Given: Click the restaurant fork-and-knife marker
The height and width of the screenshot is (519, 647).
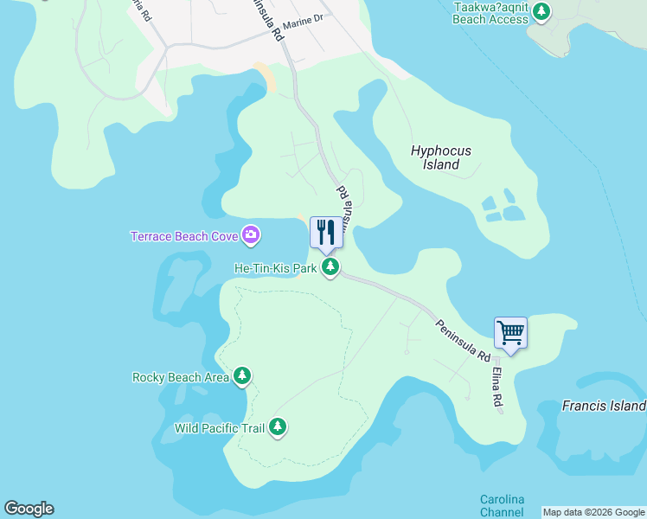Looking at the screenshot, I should coord(326,232).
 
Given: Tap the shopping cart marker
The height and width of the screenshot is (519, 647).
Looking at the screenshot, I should coord(510,332).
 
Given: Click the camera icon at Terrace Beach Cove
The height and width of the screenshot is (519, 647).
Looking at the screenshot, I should coord(251,234).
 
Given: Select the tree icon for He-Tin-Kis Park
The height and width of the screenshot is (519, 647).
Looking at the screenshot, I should coord(330,268).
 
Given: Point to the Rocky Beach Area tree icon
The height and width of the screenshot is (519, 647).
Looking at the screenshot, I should coord(243,376).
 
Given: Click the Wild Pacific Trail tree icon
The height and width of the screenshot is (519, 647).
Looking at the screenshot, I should coord(278,427).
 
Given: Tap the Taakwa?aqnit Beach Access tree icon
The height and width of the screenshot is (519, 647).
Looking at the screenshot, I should coord(541,11).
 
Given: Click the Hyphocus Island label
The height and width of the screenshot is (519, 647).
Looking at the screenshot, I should coord(441,157).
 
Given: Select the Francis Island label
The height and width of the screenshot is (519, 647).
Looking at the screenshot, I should coord(604,405).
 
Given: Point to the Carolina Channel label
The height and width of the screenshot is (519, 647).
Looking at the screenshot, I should coord(503,506).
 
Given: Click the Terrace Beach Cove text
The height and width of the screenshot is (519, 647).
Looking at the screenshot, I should coord(185,236).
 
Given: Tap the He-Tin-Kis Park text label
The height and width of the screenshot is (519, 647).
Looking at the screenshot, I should coord(276,268).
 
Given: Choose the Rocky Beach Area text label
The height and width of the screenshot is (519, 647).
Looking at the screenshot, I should coord(180,377).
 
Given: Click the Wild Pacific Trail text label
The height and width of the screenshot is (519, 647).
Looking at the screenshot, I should coord(220,428).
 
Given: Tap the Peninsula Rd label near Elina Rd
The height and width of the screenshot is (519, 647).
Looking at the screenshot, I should coord(463,340).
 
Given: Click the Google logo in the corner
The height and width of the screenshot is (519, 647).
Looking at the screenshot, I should coord(29,509).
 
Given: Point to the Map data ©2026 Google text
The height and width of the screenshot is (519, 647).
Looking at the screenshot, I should coord(593,512).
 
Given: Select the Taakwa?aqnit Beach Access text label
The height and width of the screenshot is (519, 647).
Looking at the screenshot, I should coord(490,12).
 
